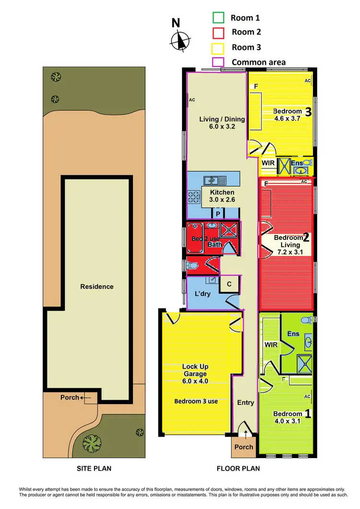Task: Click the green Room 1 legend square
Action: click(218, 18)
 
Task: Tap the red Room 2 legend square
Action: click(218, 33)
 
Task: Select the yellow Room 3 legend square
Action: click(218, 47)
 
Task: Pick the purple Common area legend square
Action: click(218, 62)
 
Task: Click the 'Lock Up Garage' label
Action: click(195, 370)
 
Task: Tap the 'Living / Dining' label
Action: click(222, 119)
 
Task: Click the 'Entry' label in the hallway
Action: click(245, 402)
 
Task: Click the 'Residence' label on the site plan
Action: click(97, 286)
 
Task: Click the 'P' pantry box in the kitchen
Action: click(218, 213)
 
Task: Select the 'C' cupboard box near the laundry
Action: click(229, 284)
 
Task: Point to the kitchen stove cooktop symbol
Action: click(193, 197)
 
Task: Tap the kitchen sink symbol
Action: click(212, 180)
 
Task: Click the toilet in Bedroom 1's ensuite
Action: click(304, 320)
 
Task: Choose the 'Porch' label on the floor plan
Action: click(244, 447)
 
